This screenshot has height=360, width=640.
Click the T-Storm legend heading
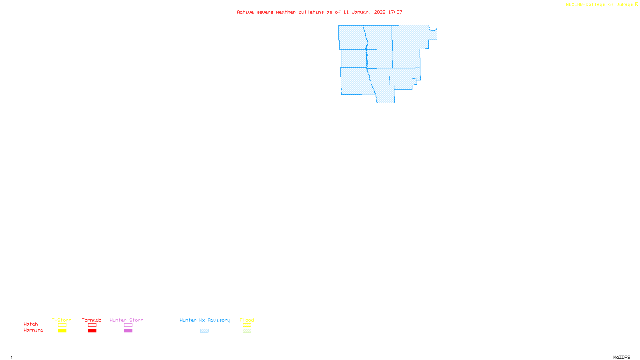coord(62,320)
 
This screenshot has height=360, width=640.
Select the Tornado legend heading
coord(92,320)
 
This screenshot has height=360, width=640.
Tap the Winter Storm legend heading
coord(126,320)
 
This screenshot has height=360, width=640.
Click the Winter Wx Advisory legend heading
coord(205,320)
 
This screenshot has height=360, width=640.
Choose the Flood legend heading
coord(247,320)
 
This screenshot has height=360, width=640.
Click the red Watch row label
coord(31,324)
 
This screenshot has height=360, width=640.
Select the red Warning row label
coord(33,330)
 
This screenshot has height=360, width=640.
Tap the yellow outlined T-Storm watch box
coord(62,325)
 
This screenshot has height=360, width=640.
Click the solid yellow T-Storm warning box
coord(62,331)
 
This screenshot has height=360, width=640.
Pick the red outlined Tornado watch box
coord(92,325)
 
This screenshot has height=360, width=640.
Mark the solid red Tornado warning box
coord(92,331)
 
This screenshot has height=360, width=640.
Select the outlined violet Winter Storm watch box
coord(128,325)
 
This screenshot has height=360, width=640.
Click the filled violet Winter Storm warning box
coord(128,331)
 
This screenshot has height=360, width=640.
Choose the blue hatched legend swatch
coord(204,331)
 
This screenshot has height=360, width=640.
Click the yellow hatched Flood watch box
coord(247,325)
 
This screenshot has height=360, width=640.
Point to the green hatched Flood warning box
coord(247,331)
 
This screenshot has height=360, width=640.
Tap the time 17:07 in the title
coord(395,12)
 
